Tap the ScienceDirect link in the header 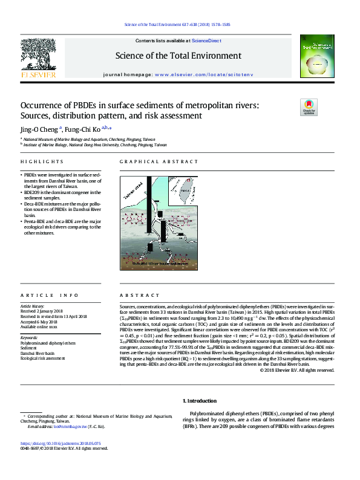pyautogui.click(x=206, y=41)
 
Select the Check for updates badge pyautogui.click(x=309, y=108)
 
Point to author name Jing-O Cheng pyautogui.click(x=39, y=129)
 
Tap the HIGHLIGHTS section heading pyautogui.click(x=42, y=162)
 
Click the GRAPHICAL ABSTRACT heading pyautogui.click(x=159, y=162)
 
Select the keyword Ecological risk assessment pyautogui.click(x=42, y=358)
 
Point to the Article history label pyautogui.click(x=33, y=306)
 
